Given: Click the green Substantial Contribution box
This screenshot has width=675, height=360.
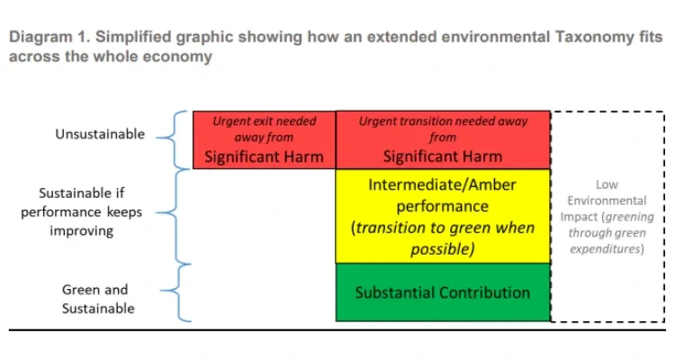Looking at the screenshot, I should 442,292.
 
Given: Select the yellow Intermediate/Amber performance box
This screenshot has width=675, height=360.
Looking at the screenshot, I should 442,216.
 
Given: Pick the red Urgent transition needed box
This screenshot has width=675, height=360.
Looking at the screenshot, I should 442,139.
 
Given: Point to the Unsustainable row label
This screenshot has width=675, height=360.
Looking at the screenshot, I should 99,134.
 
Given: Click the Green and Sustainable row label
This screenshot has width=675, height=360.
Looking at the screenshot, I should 98,299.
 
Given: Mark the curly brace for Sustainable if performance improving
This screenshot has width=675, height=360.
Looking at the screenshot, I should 176,215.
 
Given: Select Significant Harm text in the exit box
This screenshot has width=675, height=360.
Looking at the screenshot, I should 264,157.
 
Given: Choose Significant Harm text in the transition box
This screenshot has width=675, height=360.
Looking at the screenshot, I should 442,157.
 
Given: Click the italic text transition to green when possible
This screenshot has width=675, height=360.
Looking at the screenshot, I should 442,238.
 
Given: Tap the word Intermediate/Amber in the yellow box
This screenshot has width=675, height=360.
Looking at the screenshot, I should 442,184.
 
